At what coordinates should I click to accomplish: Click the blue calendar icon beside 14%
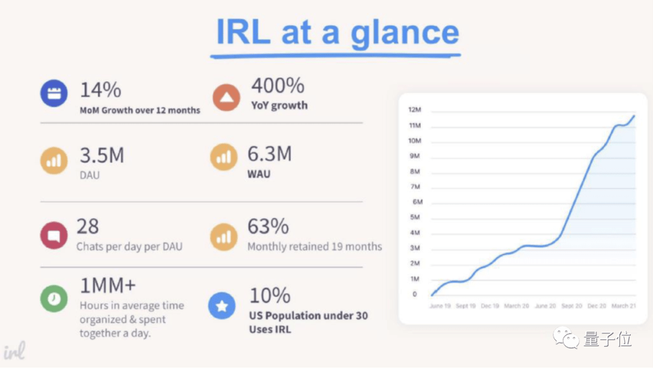54,94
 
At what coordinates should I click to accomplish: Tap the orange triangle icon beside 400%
226,97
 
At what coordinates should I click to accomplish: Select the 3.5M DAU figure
102,156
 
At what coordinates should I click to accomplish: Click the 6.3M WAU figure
269,154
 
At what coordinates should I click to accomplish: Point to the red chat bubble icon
54,235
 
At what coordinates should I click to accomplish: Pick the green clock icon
54,298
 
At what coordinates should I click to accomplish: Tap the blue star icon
222,306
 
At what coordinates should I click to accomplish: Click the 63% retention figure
268,226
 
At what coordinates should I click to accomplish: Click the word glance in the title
404,33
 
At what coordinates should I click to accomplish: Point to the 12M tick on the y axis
415,110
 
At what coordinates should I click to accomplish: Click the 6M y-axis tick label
417,202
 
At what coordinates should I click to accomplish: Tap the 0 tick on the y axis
415,294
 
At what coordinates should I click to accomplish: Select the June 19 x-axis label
439,306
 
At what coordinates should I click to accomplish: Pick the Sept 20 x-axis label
571,306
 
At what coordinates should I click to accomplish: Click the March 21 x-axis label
623,306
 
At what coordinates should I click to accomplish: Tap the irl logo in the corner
14,352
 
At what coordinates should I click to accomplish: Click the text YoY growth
279,105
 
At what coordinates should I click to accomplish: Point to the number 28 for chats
88,226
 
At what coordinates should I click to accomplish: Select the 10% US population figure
270,296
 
